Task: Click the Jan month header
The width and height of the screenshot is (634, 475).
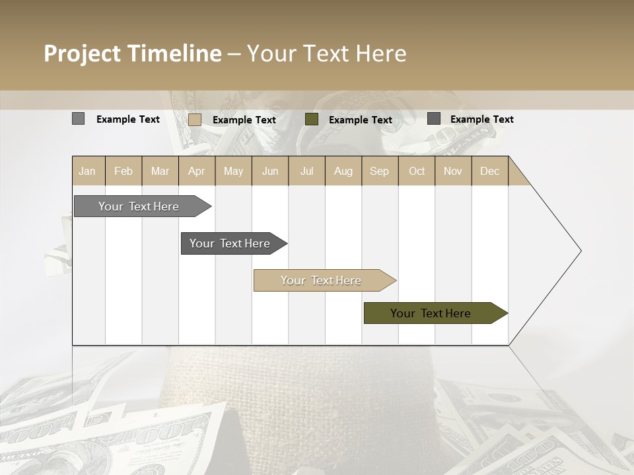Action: point(87,171)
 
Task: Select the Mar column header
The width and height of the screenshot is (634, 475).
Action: point(160,171)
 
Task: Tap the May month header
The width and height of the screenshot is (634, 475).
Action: point(233,171)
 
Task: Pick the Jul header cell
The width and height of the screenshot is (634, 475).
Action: point(306,171)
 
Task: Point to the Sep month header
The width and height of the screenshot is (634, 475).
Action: point(379,171)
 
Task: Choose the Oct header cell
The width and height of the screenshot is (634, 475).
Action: point(417,171)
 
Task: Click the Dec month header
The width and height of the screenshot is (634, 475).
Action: point(489,171)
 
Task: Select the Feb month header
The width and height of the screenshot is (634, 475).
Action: point(123,171)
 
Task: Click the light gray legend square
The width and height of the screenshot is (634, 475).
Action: point(78,119)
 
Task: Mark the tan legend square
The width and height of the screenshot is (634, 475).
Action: point(195,119)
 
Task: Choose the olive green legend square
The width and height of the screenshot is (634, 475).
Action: point(312,119)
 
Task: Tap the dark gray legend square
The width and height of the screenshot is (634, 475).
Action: point(434,119)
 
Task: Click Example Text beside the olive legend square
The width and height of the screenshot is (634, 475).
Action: point(361,120)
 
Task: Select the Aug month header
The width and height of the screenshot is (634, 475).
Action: point(343,171)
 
